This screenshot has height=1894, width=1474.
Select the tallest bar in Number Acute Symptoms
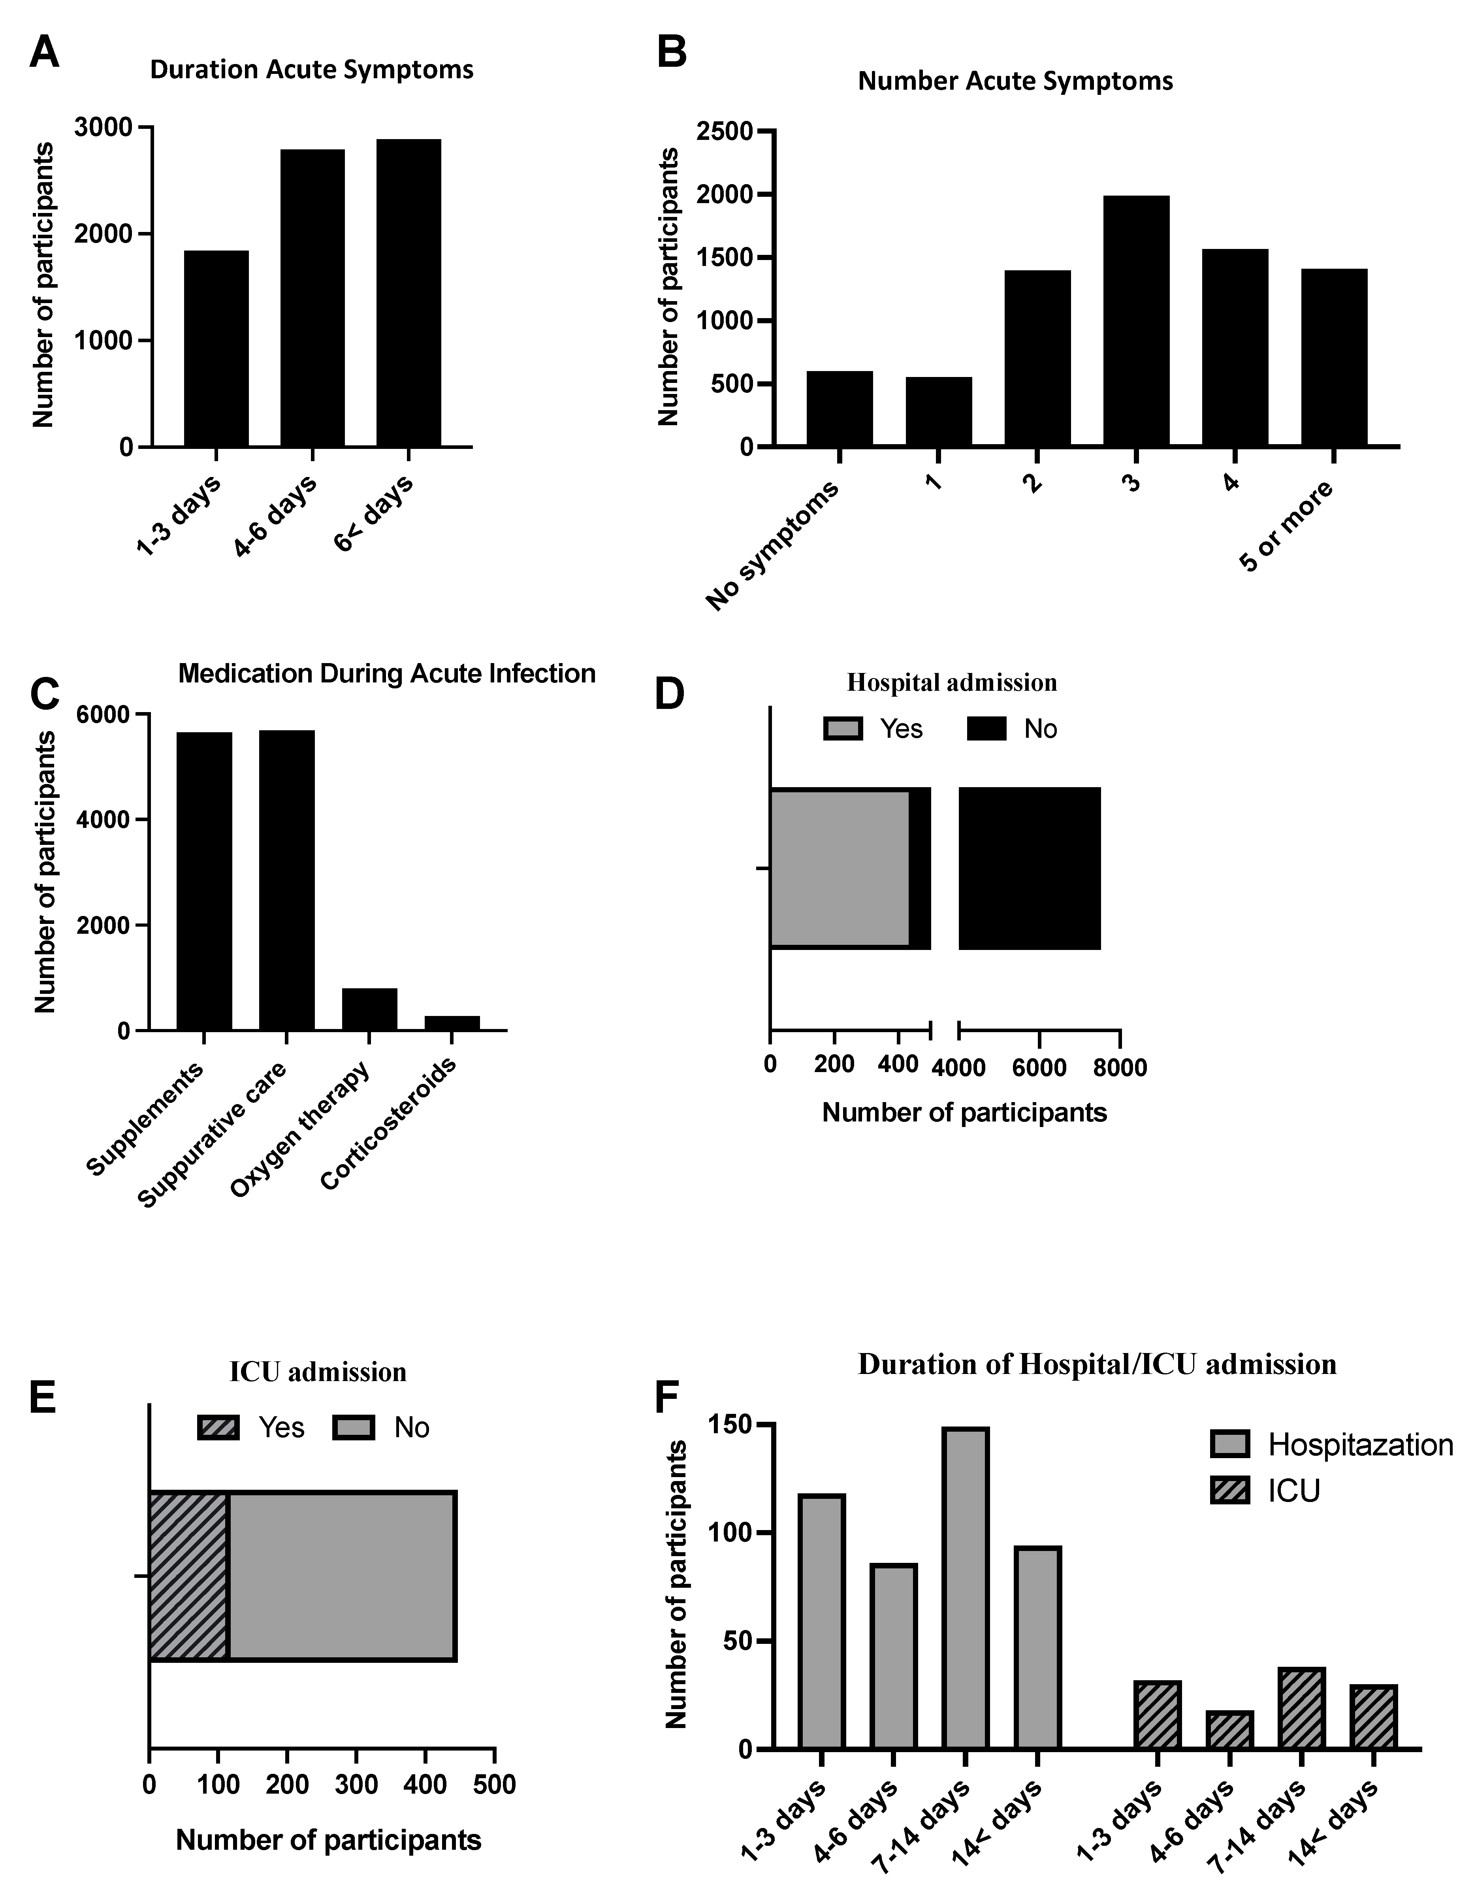tap(1136, 321)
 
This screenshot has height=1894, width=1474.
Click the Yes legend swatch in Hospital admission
tap(843, 728)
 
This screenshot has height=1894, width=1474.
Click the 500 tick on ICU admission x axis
tap(494, 1785)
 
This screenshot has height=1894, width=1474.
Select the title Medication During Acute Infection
tap(387, 674)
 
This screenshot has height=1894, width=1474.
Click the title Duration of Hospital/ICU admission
tap(1097, 1364)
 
